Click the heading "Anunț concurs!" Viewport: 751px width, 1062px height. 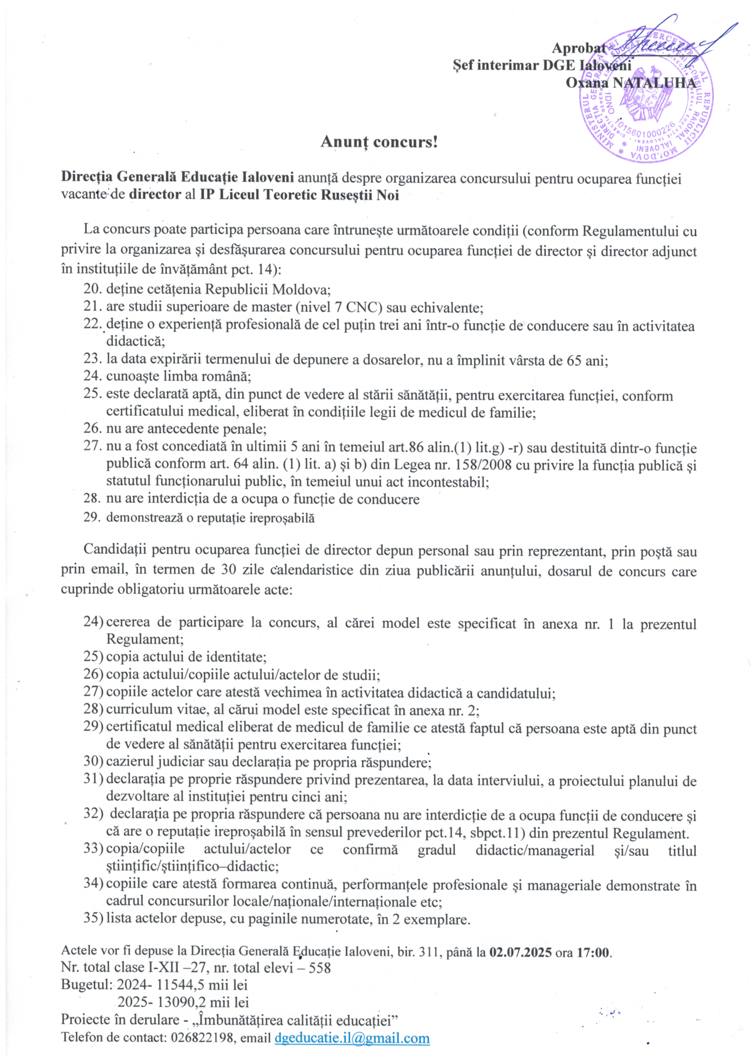379,141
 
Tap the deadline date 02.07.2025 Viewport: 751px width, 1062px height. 521,952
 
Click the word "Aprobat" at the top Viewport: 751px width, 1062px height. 578,48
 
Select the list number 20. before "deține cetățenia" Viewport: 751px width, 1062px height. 93,289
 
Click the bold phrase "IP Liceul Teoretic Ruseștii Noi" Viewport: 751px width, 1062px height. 300,195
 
